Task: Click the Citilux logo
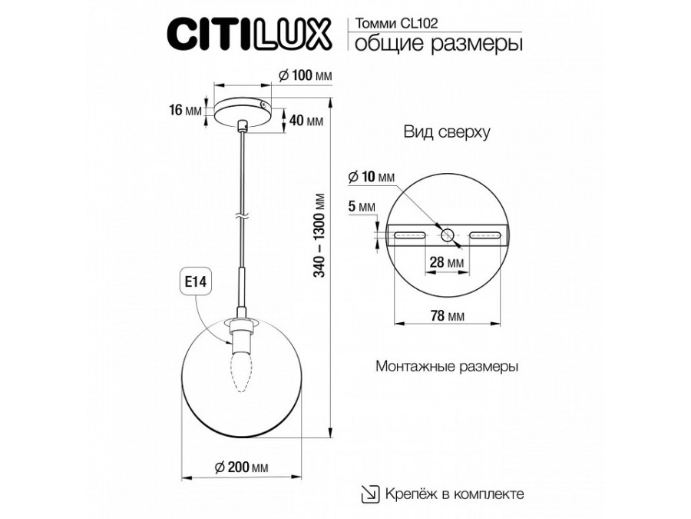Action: (x=249, y=35)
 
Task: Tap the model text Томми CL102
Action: (x=397, y=23)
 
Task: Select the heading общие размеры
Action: (x=438, y=44)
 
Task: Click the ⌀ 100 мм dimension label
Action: (x=306, y=75)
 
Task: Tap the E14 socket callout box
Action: (x=195, y=281)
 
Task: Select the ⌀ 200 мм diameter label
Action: (x=242, y=467)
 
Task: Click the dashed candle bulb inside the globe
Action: (x=242, y=371)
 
